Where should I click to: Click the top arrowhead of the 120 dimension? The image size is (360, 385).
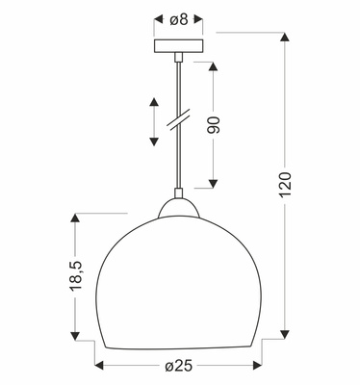[x=284, y=39]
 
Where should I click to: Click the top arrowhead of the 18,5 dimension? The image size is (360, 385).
[x=73, y=218]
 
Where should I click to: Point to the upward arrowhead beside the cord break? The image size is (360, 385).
[x=152, y=102]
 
